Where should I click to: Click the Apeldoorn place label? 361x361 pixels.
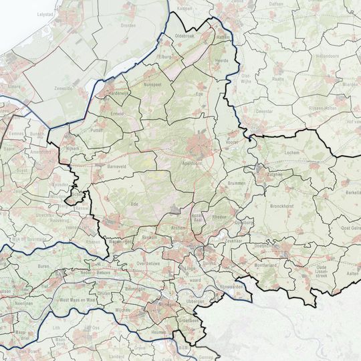pyautogui.click(x=191, y=162)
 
